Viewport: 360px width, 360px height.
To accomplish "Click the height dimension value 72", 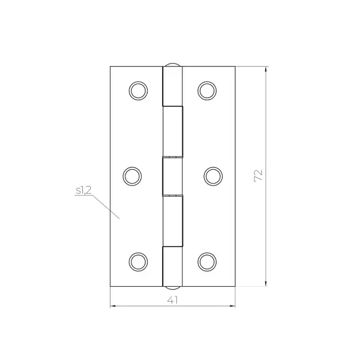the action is tap(258, 176).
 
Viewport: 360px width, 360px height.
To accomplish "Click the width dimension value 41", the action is tap(172, 300).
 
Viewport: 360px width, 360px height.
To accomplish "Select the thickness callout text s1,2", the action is tap(83, 190).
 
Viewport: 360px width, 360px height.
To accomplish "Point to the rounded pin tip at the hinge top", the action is tap(173, 64).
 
